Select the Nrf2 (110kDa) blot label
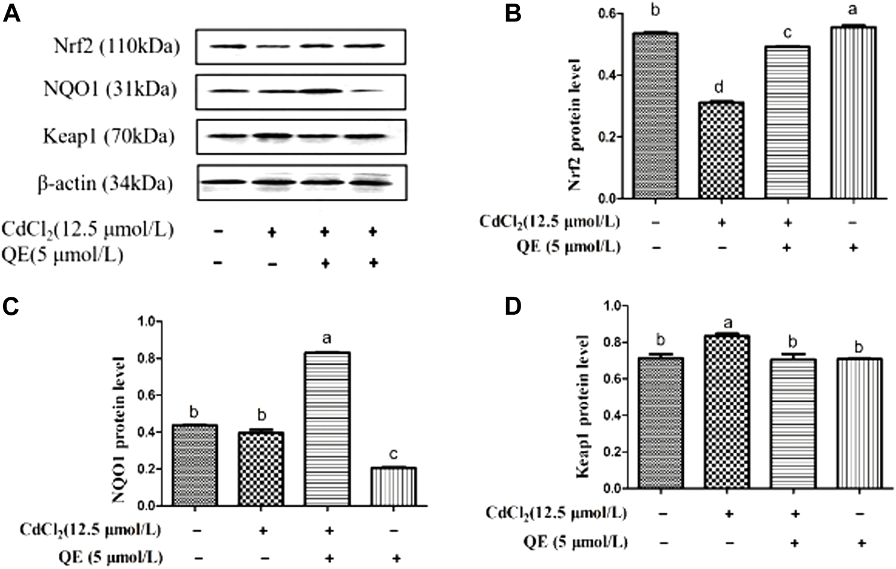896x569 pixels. (111, 46)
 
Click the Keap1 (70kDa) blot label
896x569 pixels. (109, 137)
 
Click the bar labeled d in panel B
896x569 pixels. (721, 150)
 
